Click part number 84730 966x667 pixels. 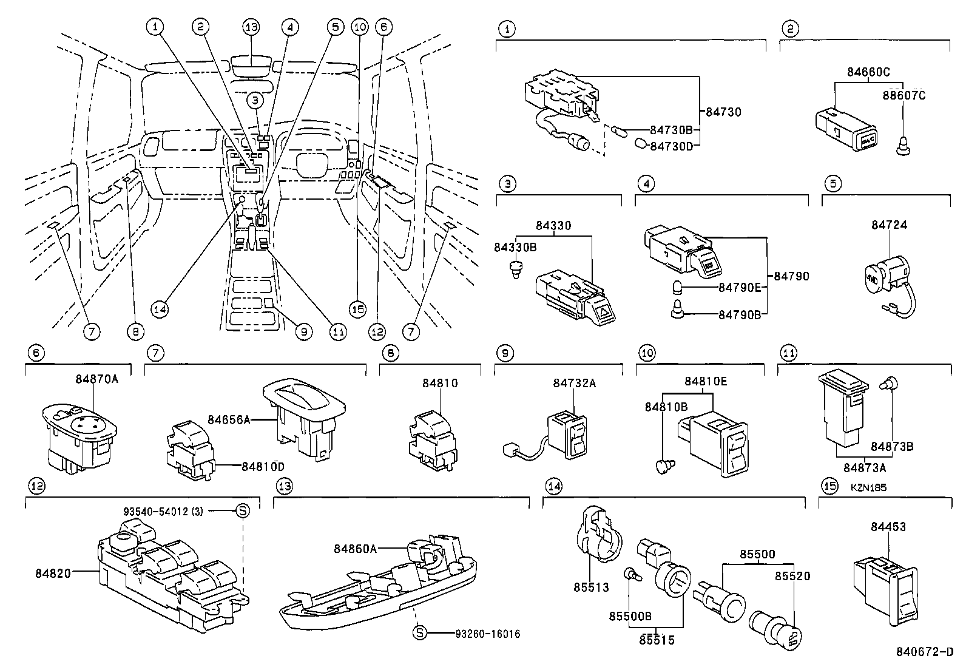[x=723, y=112]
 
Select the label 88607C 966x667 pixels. [x=904, y=95]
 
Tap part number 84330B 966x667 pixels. [x=515, y=247]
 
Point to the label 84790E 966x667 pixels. [x=739, y=287]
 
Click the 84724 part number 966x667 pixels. [x=889, y=225]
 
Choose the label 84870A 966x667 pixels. [x=96, y=379]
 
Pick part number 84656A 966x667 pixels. [x=228, y=419]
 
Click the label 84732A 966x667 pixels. [x=574, y=383]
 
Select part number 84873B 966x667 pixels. [x=892, y=447]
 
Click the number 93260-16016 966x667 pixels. [x=488, y=634]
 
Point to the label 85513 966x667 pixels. [x=591, y=587]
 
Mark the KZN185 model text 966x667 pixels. [x=868, y=487]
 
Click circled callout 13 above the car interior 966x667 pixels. [x=251, y=27]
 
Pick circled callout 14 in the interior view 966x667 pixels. [x=160, y=309]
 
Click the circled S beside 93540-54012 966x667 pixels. [x=242, y=511]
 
